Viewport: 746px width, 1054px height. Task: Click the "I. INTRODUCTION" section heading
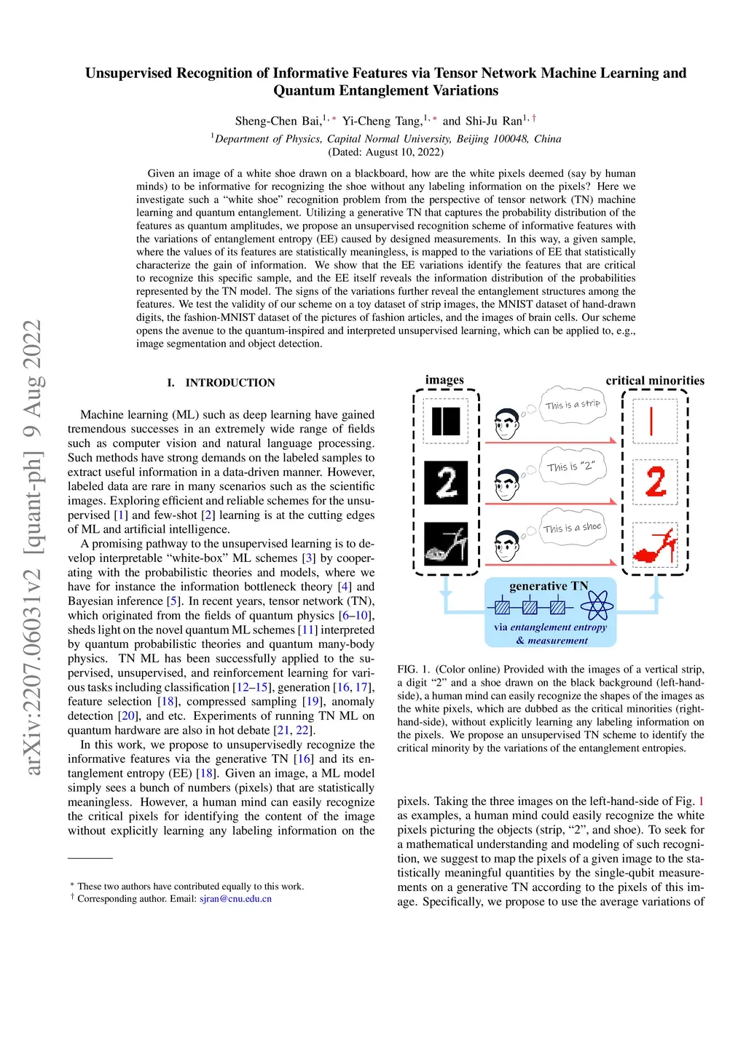tap(221, 383)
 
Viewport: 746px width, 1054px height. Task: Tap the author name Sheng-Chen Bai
tap(278, 121)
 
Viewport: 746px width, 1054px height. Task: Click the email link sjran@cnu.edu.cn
tap(235, 899)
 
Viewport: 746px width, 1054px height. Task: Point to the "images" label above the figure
tap(444, 380)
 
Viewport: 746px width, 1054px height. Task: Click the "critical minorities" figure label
tap(655, 381)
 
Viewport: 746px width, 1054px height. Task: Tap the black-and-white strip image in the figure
tap(446, 421)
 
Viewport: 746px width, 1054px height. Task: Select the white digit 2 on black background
tap(446, 483)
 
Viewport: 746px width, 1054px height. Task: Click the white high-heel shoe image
tap(446, 544)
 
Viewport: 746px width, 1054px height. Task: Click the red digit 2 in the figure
tap(656, 482)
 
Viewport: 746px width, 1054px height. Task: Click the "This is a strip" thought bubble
tap(573, 405)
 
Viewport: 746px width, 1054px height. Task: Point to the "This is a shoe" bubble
tap(573, 528)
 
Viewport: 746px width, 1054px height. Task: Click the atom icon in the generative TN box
tap(596, 606)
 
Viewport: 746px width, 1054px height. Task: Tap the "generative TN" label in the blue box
tap(548, 586)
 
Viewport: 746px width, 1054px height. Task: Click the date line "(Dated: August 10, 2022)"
tap(385, 152)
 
